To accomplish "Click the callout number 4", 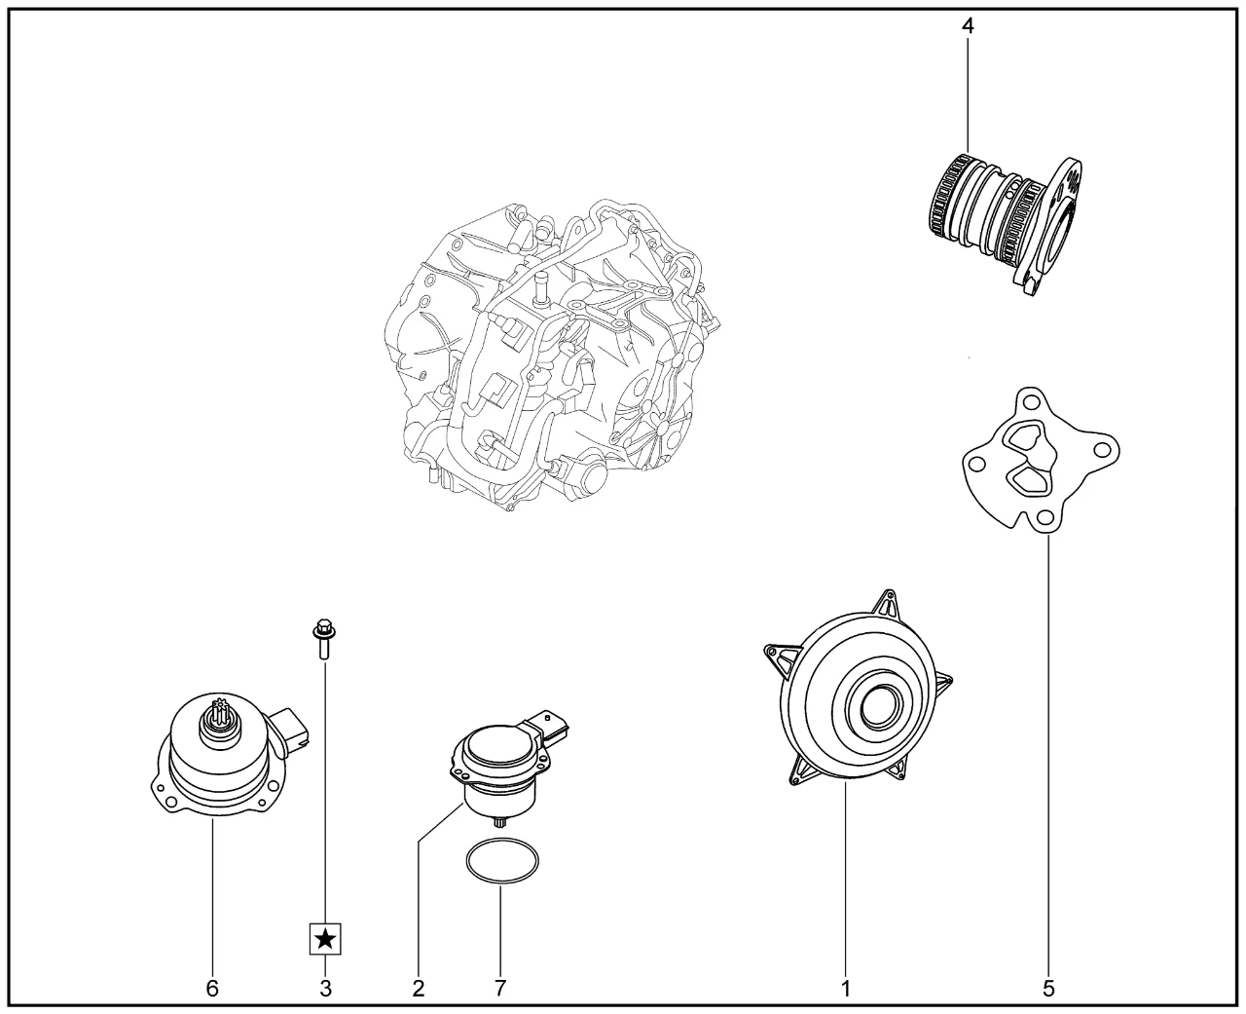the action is (969, 26).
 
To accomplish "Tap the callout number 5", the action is (1048, 989).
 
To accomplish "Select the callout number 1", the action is (845, 989).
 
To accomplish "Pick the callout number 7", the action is (500, 989).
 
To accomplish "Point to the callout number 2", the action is (418, 989).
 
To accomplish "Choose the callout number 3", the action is (325, 989).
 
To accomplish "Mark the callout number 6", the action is (212, 989).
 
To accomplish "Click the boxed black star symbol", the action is (325, 956).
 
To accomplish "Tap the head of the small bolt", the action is (324, 629).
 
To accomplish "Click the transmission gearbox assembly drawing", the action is (552, 357).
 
